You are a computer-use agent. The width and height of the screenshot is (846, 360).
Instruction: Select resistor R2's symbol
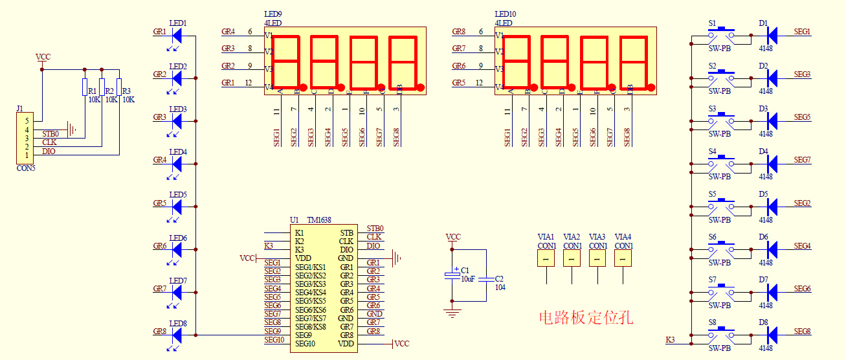coord(102,87)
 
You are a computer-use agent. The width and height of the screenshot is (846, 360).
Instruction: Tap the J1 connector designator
coord(20,108)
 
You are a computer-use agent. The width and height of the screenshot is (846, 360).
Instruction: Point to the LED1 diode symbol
coord(176,36)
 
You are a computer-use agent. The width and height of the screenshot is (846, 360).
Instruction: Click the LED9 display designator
coord(273,14)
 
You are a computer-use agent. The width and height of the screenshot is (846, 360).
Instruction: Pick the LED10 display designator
coord(506,14)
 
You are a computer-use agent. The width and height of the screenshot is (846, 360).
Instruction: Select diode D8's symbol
coord(771,335)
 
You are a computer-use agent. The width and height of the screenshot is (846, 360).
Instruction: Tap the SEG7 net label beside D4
coord(802,160)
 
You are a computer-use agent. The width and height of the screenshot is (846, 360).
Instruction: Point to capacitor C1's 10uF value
coord(467,278)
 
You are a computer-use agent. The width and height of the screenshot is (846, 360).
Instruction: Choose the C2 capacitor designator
coord(499,278)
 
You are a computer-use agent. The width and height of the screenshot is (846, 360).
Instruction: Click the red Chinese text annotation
coord(586,317)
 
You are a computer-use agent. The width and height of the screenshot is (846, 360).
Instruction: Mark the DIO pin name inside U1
coord(346,250)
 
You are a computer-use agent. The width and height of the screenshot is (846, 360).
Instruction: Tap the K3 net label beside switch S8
coord(670,340)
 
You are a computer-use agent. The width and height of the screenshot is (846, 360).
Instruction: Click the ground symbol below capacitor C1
coord(452,313)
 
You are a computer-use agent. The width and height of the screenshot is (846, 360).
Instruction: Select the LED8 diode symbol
coord(176,335)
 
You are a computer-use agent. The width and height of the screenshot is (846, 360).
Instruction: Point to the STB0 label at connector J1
coord(50,134)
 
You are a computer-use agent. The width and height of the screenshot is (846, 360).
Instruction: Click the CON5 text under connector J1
coord(26,168)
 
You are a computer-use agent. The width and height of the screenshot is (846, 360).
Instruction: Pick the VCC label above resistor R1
coord(43,57)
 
